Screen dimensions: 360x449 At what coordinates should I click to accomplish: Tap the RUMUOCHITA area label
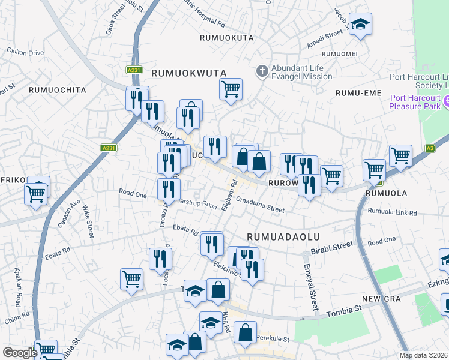point(57,90)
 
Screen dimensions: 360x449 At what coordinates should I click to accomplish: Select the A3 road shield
point(430,148)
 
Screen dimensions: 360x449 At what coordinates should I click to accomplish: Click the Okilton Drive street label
point(25,53)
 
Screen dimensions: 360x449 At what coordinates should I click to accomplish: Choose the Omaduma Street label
point(260,205)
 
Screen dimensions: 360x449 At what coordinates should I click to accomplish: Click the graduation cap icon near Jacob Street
point(360,25)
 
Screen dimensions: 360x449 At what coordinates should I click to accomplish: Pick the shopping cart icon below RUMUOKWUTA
point(231,90)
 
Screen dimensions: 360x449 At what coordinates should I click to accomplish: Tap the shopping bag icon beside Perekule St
point(245,333)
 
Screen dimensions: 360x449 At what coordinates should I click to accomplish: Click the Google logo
point(20,353)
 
